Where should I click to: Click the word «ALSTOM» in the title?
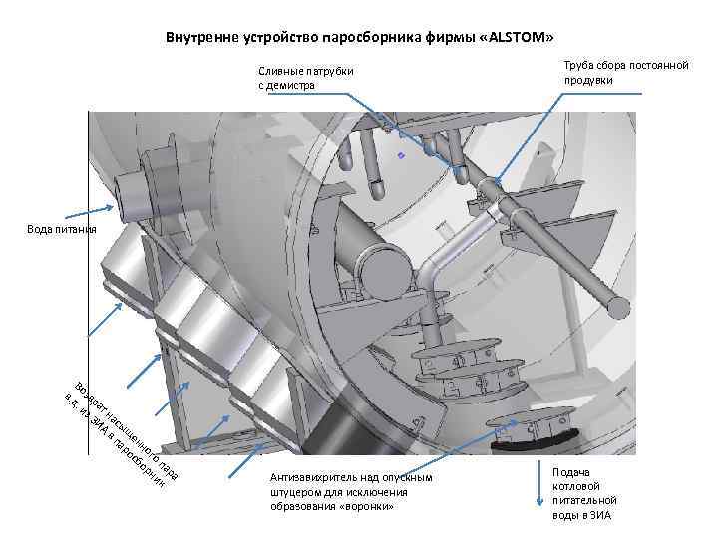click(x=520, y=38)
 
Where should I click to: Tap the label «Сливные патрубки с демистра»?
click(x=306, y=78)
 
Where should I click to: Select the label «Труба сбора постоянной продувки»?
click(x=626, y=72)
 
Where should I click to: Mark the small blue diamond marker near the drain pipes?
click(x=401, y=156)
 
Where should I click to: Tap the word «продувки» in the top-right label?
click(x=588, y=80)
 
